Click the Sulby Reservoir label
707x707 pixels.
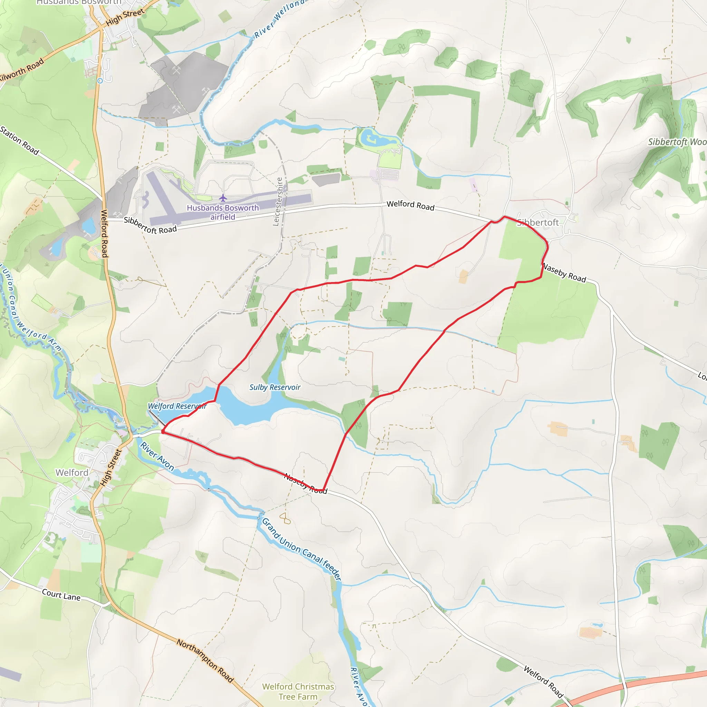[275, 387]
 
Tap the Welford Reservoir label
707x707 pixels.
[177, 406]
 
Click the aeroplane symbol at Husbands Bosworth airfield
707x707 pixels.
[223, 198]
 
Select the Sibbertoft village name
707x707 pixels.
[537, 223]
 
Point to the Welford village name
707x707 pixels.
[72, 473]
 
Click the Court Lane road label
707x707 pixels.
[61, 595]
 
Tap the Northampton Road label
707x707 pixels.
[205, 661]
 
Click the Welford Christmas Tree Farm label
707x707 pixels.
[298, 691]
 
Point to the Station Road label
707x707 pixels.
[19, 141]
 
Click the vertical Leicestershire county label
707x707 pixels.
[278, 201]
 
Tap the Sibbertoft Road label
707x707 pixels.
[150, 225]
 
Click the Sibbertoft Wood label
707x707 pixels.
[677, 142]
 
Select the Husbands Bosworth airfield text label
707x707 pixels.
[223, 212]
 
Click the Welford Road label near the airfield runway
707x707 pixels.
[410, 205]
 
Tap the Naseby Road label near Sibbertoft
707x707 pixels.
[564, 273]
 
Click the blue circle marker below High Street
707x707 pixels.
[100, 80]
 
